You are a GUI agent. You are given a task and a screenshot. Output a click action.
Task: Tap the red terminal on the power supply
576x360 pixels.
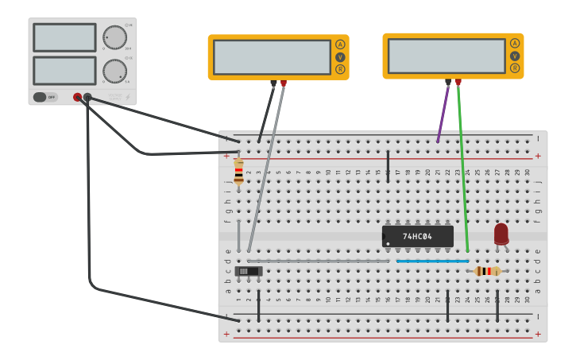tap(77, 97)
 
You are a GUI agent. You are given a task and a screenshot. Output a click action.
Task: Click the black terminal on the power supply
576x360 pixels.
tap(87, 97)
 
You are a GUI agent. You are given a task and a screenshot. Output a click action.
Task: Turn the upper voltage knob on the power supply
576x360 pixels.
tap(114, 37)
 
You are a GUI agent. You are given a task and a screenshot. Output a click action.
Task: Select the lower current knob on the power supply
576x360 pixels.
tap(114, 71)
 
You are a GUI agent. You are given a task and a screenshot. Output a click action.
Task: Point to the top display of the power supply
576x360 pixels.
tap(64, 37)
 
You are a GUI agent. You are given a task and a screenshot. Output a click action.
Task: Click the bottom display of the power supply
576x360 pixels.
tap(64, 71)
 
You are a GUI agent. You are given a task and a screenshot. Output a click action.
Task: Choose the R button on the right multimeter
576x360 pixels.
tap(515, 68)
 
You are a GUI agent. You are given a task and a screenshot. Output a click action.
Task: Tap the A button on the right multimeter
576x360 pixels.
tap(515, 44)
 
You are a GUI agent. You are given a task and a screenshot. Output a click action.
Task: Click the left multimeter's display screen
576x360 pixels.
tap(272, 57)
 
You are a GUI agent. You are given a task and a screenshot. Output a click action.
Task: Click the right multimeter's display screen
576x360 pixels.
tap(446, 56)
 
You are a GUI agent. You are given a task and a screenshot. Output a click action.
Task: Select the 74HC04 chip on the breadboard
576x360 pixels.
tap(417, 236)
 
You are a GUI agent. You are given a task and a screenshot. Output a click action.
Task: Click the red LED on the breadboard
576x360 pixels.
tap(501, 233)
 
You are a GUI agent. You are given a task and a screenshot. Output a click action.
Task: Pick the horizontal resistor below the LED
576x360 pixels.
tap(487, 271)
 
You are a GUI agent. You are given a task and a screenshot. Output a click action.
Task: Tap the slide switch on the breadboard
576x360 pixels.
tap(249, 271)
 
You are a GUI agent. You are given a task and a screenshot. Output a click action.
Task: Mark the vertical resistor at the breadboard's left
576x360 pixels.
tap(238, 172)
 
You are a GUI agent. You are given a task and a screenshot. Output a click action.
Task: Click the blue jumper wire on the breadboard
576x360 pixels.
tap(432, 261)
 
